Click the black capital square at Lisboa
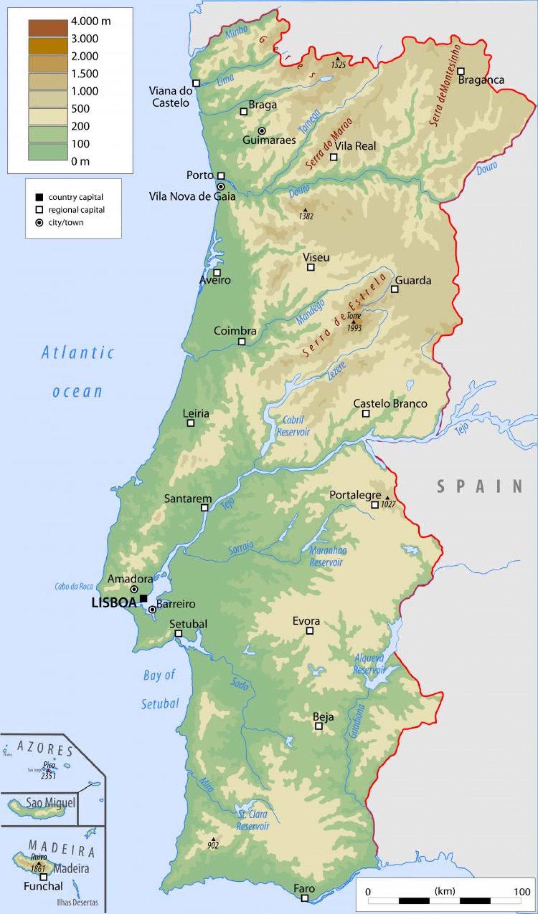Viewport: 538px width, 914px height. pos(143,598)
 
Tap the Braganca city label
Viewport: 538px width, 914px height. pos(481,80)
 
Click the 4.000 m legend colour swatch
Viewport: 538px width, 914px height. pos(48,28)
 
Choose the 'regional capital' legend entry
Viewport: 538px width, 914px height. pos(76,210)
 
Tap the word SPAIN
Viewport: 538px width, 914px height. pos(479,486)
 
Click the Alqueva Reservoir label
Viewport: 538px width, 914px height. pos(369,664)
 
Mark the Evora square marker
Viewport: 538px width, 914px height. pos(309,631)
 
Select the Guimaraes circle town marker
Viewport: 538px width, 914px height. pos(262,131)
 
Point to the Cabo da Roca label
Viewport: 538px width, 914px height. pos(74,586)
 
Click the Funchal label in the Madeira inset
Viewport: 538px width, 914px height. pos(43,886)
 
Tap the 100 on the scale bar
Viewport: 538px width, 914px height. pos(522,879)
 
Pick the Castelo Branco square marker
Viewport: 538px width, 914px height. pos(366,413)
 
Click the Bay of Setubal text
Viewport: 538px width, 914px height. pos(160,689)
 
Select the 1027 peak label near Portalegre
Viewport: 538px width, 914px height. pos(388,504)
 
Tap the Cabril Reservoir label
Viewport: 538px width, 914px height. pos(293,426)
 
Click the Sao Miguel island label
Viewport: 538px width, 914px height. pos(50,802)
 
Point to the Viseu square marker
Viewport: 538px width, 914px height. pos(311,267)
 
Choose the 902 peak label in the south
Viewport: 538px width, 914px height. pos(213,845)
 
